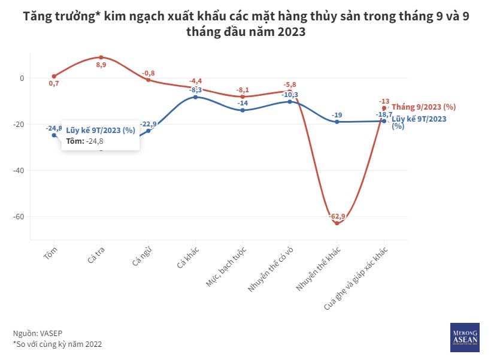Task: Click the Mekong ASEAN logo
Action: (x=465, y=337)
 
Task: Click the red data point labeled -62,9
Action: (x=337, y=223)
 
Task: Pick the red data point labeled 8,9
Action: (x=101, y=58)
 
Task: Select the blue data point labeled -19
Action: (x=337, y=122)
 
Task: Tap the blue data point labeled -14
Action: (x=243, y=110)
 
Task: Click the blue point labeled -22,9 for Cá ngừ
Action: (x=149, y=131)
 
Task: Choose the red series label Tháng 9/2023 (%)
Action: (x=423, y=107)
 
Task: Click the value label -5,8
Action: (x=290, y=85)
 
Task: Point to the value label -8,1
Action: (x=243, y=90)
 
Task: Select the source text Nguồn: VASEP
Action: (x=38, y=332)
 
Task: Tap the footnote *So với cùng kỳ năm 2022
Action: (x=57, y=344)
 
